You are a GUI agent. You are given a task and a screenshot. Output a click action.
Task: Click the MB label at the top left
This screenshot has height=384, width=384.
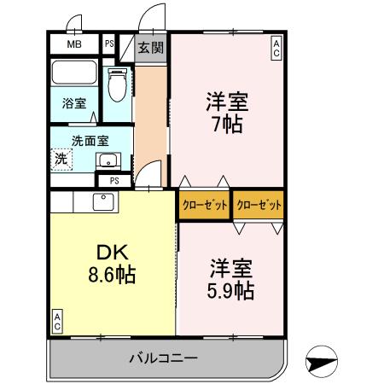click(74, 44)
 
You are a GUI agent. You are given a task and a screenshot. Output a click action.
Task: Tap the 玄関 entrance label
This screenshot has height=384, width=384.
click(152, 48)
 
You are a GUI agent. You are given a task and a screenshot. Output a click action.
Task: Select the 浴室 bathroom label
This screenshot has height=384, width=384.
click(73, 104)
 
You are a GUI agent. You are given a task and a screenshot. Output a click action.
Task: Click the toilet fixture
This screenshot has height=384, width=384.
click(118, 85)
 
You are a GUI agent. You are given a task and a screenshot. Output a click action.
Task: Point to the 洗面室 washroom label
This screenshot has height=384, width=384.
click(90, 141)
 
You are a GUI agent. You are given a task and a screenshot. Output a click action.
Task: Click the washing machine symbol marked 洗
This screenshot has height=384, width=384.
click(61, 158)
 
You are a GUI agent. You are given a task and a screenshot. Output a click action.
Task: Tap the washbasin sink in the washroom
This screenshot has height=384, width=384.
click(108, 160)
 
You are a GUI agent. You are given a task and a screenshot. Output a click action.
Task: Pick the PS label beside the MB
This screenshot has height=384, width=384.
click(110, 44)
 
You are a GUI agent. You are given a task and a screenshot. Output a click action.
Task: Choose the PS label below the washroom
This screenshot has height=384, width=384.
click(113, 181)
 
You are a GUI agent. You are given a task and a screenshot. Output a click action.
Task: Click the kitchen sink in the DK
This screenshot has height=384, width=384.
click(103, 202)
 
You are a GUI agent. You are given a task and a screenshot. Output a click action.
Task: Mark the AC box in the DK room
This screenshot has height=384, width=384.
click(57, 321)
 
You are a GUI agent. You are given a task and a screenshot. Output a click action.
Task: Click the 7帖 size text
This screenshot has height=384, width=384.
click(226, 125)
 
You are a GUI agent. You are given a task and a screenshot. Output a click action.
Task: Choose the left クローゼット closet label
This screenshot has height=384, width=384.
click(203, 205)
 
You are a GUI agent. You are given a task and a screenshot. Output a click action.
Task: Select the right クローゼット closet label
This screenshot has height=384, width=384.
click(259, 205)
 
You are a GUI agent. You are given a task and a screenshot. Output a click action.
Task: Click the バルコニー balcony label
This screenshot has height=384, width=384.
click(164, 357)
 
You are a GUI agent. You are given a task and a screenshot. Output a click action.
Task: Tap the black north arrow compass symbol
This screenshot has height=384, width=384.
click(319, 361)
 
